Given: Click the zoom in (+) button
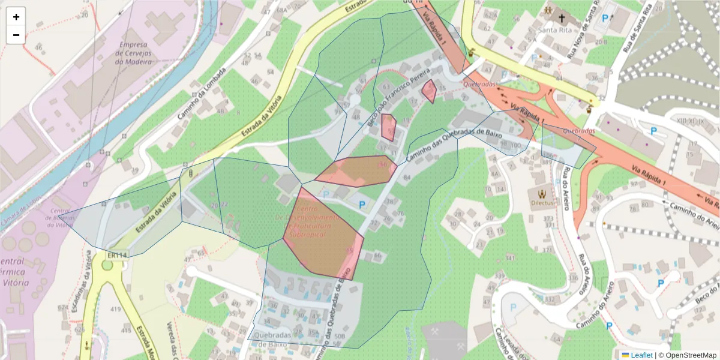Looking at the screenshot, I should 16,17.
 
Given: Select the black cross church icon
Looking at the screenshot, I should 561,18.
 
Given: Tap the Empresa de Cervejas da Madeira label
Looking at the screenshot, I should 142,53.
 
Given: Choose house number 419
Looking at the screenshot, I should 116,310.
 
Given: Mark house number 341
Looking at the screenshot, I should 511,258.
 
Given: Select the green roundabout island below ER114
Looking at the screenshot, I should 107,265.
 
